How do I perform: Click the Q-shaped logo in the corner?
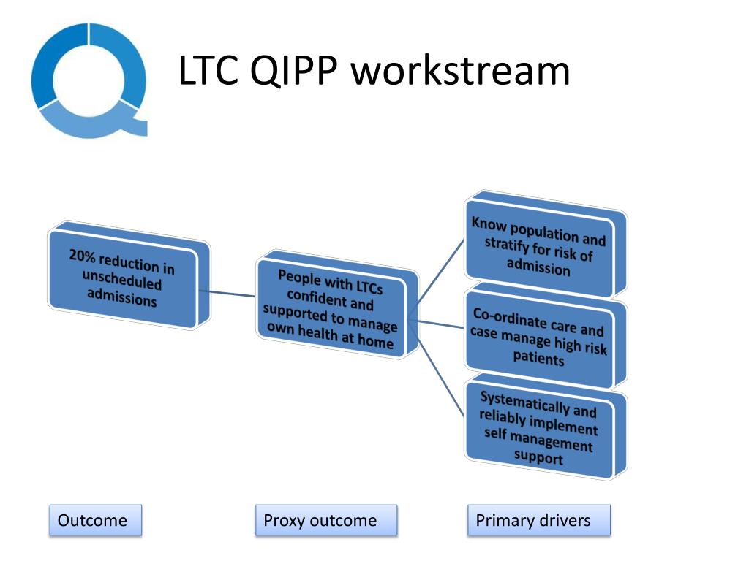click(89, 80)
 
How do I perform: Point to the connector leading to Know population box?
click(439, 274)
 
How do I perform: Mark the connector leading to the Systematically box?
click(439, 373)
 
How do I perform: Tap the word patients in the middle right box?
click(538, 359)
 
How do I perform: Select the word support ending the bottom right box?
click(537, 459)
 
